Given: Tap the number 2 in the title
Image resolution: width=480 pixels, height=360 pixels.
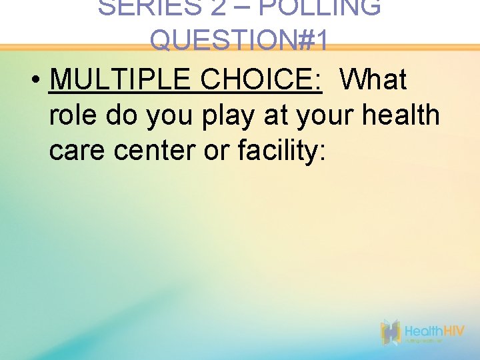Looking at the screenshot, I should click(x=215, y=7).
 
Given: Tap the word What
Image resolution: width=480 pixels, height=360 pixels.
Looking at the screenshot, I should click(x=373, y=80).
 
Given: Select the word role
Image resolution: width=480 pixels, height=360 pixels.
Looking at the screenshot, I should click(x=73, y=115).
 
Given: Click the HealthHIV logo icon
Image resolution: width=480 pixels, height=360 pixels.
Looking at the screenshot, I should click(x=390, y=332).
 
